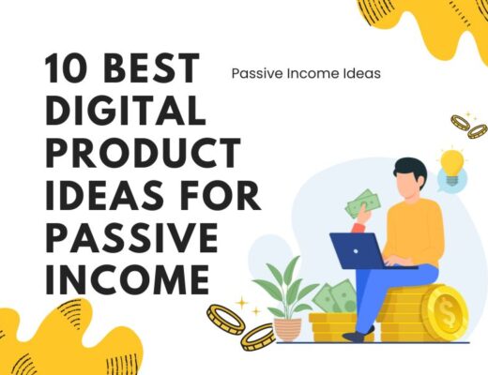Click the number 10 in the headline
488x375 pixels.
tap(67, 69)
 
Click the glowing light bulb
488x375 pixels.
tap(453, 162)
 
